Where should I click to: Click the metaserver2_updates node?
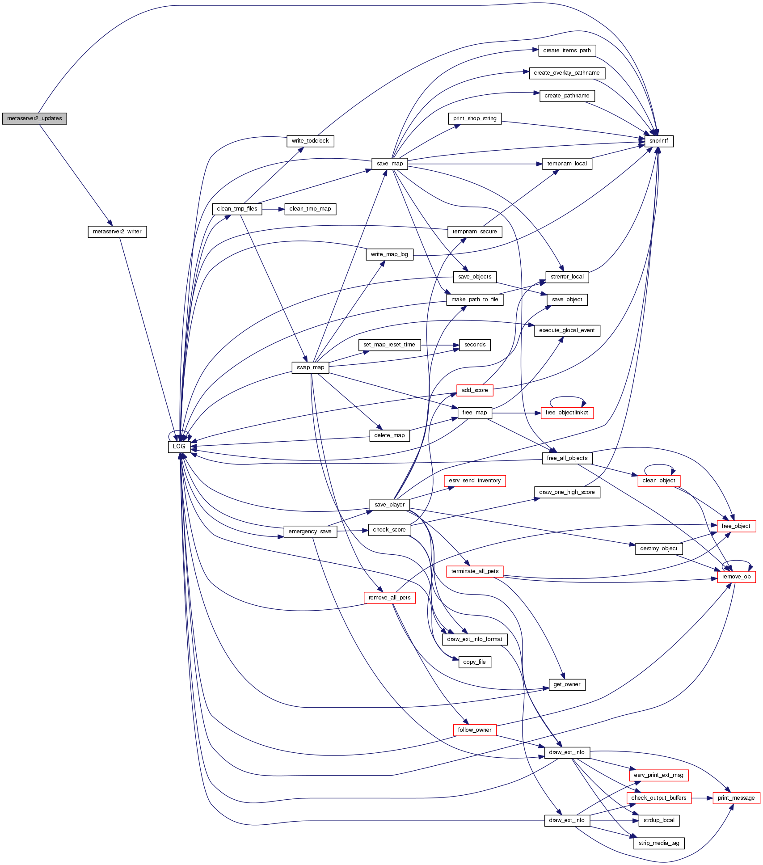tap(34, 118)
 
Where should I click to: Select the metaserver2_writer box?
tap(117, 232)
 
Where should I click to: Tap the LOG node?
tap(179, 447)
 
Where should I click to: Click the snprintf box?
tap(658, 141)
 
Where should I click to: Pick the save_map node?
tap(390, 164)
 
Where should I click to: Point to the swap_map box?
tap(311, 367)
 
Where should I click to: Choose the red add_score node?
tap(475, 390)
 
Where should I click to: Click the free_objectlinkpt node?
tap(567, 413)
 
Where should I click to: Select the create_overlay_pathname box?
tap(567, 73)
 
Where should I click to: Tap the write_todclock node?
tap(310, 141)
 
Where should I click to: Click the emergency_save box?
tap(310, 532)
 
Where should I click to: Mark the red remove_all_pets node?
tap(390, 598)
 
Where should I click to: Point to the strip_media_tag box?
tap(659, 843)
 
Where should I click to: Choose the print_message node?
tap(736, 798)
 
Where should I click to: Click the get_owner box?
tap(567, 684)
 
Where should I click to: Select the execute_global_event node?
tap(567, 330)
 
